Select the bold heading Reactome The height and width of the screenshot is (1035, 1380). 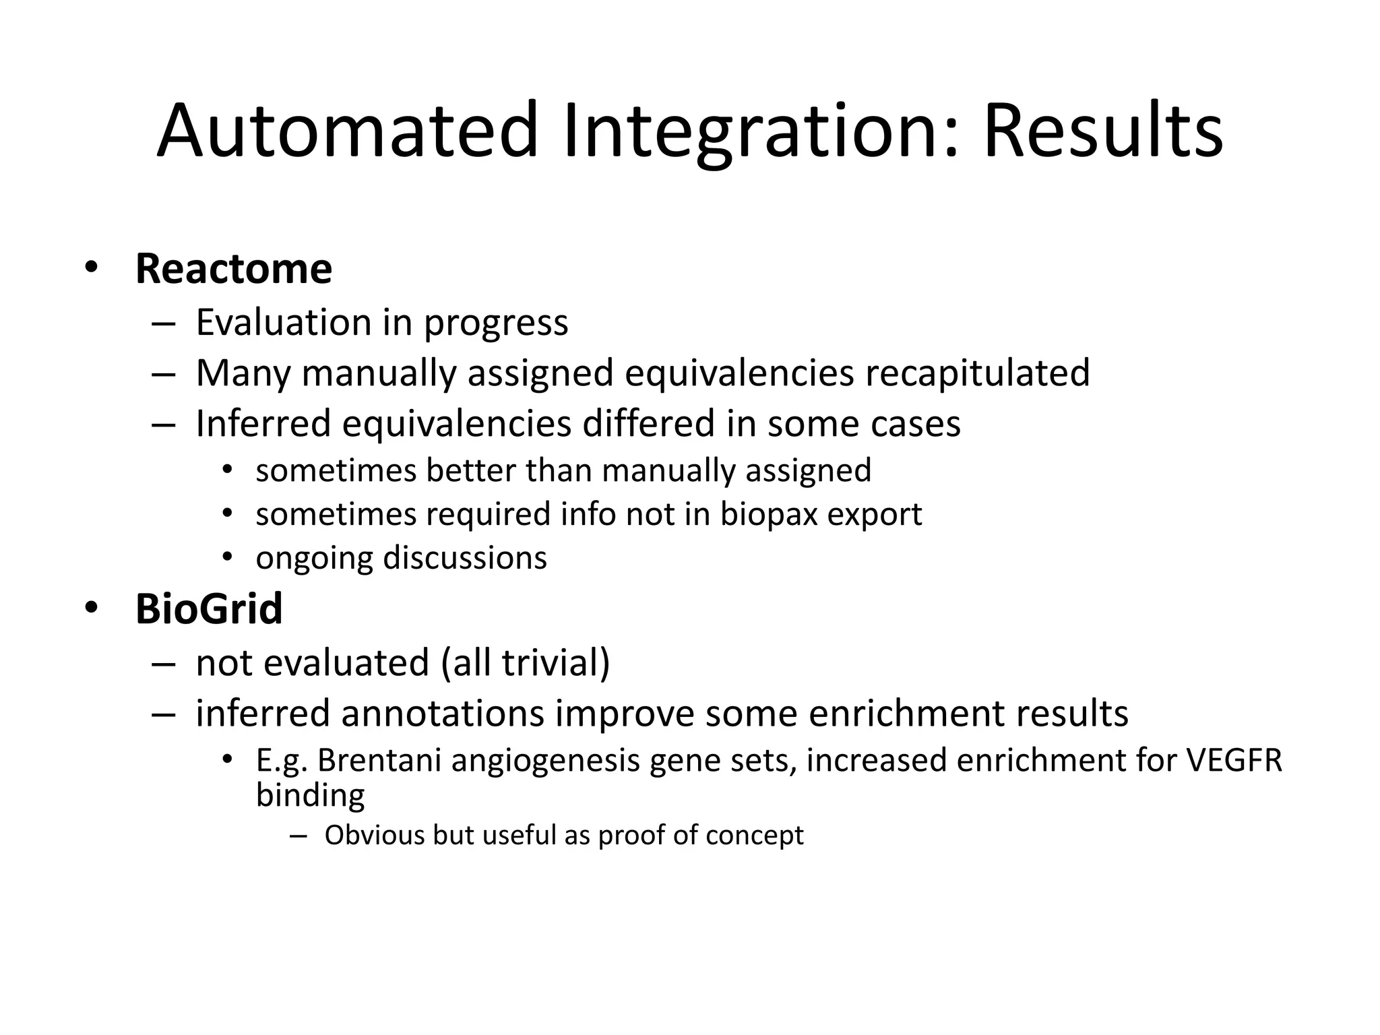233,269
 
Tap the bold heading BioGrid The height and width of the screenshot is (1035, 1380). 208,609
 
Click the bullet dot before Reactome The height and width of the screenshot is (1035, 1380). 91,268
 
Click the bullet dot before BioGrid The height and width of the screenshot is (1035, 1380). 91,608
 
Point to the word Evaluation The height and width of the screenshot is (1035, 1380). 283,322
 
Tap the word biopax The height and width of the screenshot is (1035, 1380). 768,515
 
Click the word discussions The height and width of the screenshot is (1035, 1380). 464,558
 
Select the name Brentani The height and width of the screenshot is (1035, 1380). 379,760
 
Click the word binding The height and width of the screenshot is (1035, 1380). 310,795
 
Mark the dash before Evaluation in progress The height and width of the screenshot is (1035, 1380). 164,323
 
